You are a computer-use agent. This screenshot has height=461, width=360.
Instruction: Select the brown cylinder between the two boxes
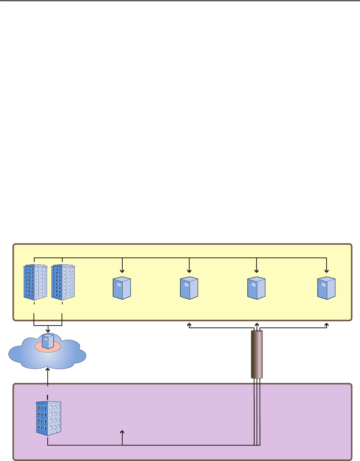[x=257, y=354]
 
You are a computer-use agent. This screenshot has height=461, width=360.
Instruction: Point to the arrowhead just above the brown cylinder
[x=257, y=325]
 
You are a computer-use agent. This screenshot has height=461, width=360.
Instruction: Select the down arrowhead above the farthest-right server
[x=326, y=271]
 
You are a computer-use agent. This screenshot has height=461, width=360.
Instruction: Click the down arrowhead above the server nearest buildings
[x=122, y=271]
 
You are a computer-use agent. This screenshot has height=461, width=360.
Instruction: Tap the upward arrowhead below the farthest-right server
[x=327, y=325]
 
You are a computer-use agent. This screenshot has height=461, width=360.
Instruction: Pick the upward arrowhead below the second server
[x=189, y=325]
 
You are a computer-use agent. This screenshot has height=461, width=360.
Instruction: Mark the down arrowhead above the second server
[x=189, y=271]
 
